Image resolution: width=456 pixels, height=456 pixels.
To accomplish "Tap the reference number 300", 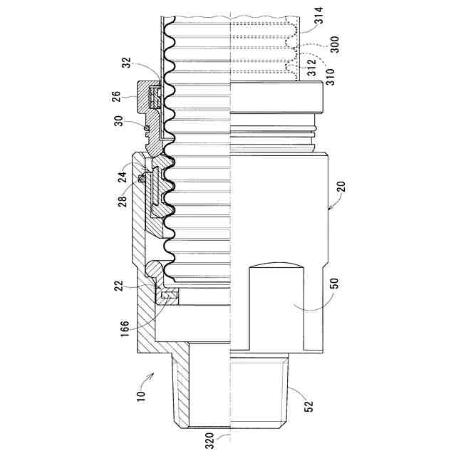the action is [335, 44].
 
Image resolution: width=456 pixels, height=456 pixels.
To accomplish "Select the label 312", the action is [311, 68].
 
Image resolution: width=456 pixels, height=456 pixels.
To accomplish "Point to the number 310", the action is [331, 77].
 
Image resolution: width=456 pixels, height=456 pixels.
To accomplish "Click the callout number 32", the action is [127, 62].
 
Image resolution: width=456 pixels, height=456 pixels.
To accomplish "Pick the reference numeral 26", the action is [115, 97].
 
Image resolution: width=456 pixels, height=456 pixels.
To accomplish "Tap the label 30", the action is [119, 120].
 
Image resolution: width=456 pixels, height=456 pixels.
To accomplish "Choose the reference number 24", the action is [123, 177].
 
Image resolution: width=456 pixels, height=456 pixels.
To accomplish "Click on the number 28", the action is [123, 201].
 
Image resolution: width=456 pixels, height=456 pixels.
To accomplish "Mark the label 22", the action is [119, 286].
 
